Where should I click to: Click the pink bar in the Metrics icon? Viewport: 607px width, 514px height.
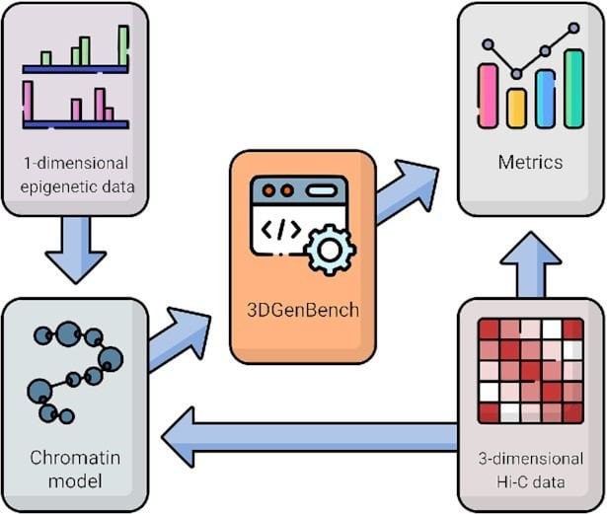(488, 96)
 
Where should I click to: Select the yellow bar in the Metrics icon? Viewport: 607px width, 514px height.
(516, 109)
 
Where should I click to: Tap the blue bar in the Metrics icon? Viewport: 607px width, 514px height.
(546, 99)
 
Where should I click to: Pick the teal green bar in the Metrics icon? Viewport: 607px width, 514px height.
(574, 89)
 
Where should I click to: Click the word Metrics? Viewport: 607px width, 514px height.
(530, 162)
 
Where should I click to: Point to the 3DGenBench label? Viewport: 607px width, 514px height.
(303, 310)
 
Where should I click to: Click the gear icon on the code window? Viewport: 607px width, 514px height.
(331, 250)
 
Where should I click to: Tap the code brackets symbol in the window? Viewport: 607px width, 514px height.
(281, 229)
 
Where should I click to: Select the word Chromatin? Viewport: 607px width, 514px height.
(75, 458)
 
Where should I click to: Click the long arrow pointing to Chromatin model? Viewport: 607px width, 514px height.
(309, 437)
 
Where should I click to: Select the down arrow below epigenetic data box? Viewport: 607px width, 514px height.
(76, 250)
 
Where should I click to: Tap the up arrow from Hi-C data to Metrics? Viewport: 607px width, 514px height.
(531, 264)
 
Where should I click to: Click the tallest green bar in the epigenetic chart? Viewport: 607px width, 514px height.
(123, 45)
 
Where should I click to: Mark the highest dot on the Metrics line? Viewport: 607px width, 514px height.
(574, 28)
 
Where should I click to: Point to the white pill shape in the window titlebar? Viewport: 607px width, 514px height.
(322, 190)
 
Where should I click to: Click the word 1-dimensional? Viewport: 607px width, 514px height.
(76, 163)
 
